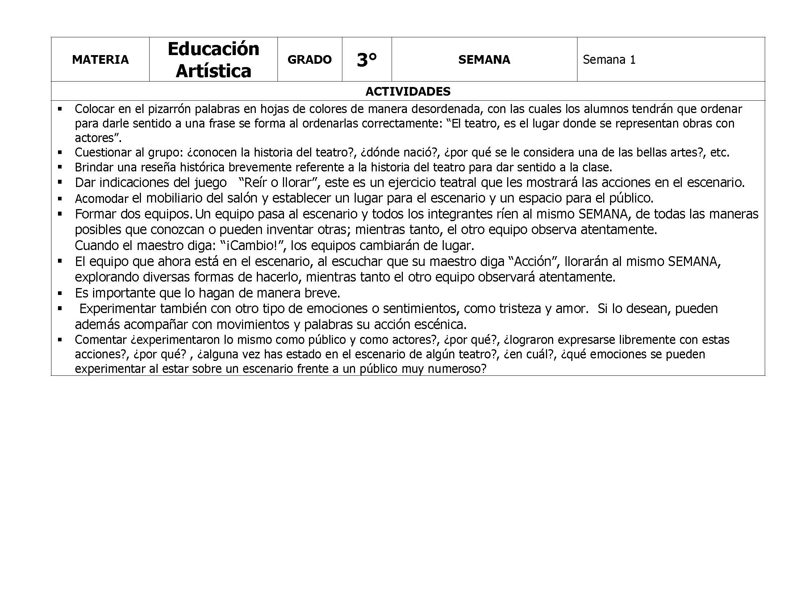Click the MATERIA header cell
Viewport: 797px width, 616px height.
pyautogui.click(x=100, y=59)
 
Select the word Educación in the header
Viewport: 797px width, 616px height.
pyautogui.click(x=213, y=49)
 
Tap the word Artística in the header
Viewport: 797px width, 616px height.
pyautogui.click(x=213, y=71)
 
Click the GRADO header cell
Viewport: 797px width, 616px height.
pyautogui.click(x=309, y=59)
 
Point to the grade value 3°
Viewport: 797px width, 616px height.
pyautogui.click(x=367, y=60)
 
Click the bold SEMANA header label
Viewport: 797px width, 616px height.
pyautogui.click(x=484, y=59)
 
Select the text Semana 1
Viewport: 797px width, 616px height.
pyautogui.click(x=609, y=59)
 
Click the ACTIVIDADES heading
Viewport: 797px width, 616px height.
pyautogui.click(x=408, y=91)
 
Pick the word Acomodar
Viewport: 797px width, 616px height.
pyautogui.click(x=101, y=199)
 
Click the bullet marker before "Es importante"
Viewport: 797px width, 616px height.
pyautogui.click(x=60, y=293)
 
